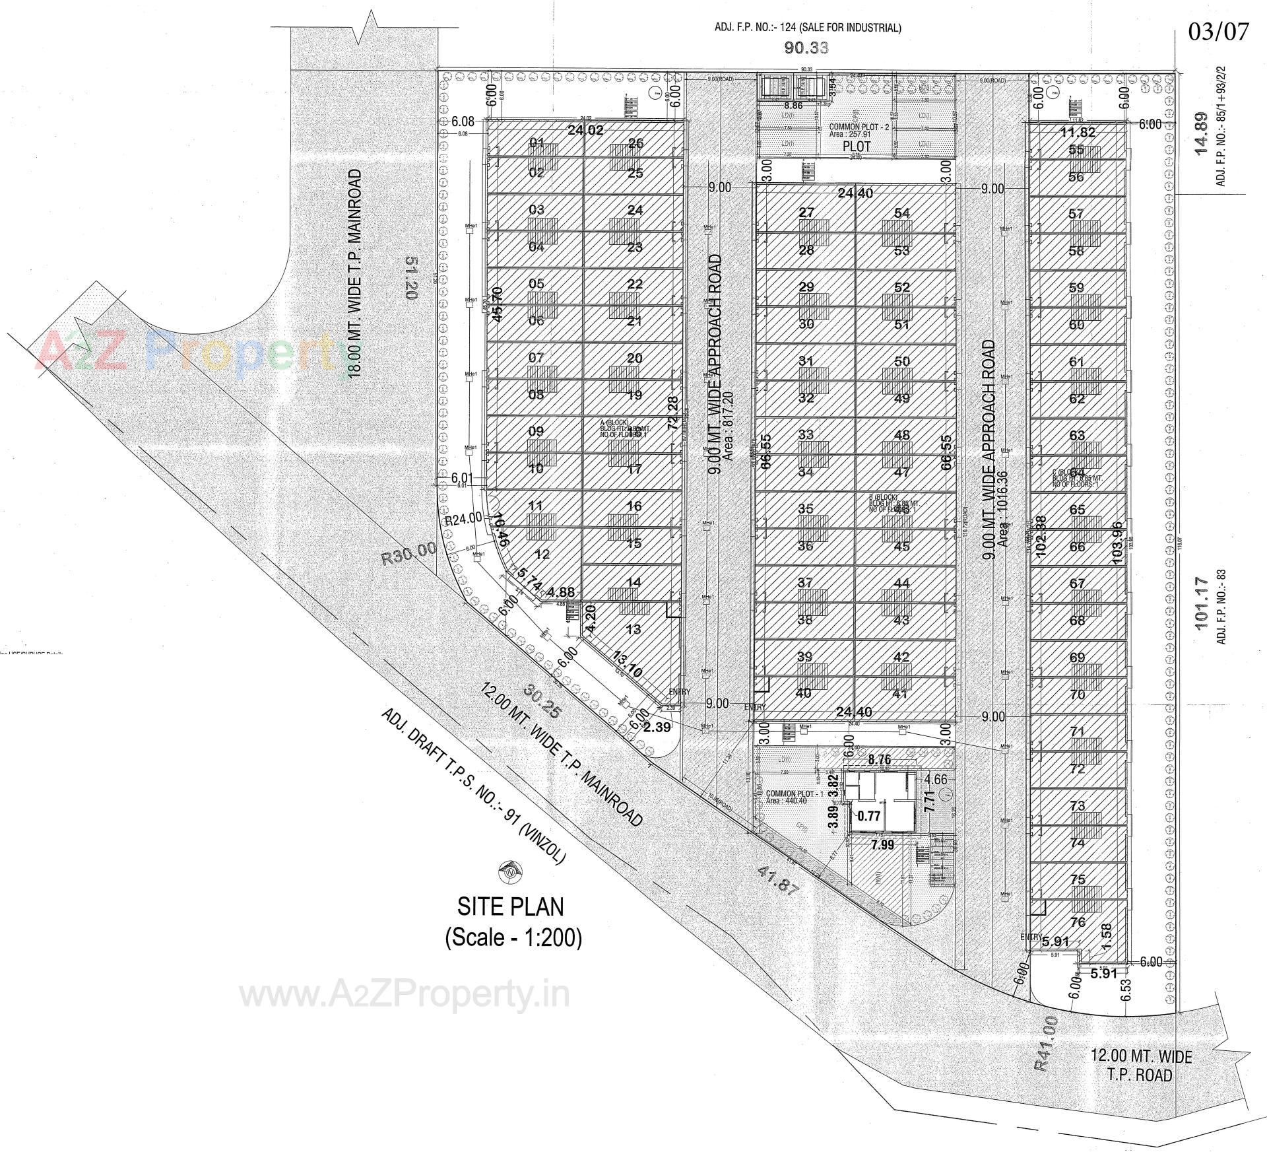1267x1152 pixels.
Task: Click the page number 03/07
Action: (1218, 32)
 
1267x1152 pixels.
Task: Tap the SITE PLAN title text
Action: (511, 906)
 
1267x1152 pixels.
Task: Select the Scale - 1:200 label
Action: (513, 937)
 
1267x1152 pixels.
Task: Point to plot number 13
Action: (633, 629)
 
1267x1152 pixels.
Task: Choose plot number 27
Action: (806, 213)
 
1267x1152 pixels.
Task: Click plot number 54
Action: (902, 213)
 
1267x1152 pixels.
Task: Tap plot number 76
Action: (1077, 922)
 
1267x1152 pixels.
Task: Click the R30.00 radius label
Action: (409, 554)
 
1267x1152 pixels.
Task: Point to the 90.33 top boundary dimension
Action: (806, 48)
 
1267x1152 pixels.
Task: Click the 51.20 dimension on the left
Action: (409, 278)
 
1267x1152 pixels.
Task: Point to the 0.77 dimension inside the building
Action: (869, 816)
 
